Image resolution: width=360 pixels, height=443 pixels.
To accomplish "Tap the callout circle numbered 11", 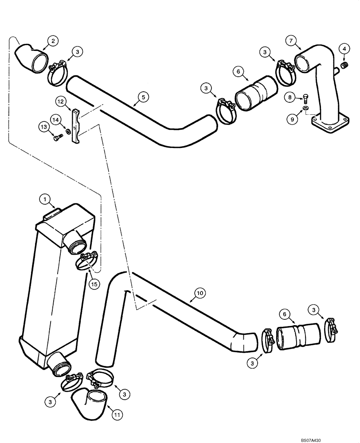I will pos(117,416).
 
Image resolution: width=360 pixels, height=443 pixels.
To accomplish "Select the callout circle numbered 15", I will pos(94,283).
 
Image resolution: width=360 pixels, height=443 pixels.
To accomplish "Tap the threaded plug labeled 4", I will pos(343,66).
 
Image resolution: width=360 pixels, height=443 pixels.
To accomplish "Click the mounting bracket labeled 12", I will pos(76,125).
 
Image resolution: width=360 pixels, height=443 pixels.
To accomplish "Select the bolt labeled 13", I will pos(56,137).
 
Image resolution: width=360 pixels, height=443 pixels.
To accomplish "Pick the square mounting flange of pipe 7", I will pos(329,128).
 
